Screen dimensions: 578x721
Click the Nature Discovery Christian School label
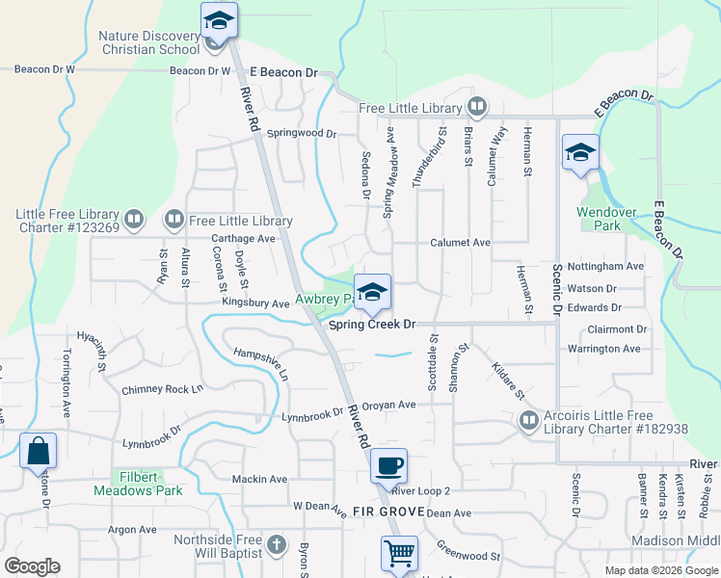point(148,42)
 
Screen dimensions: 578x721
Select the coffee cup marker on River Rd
point(388,466)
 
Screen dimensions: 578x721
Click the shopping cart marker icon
point(399,554)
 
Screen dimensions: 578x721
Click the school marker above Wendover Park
point(580,152)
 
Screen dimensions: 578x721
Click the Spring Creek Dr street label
point(371,326)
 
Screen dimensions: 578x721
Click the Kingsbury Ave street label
point(255,303)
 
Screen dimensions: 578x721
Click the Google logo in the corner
point(33,566)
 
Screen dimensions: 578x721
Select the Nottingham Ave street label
point(605,266)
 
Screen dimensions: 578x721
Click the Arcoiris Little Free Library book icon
point(528,420)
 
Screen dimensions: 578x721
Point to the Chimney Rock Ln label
point(163,390)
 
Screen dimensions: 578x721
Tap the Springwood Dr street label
point(301,133)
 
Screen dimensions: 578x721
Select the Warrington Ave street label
point(603,348)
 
